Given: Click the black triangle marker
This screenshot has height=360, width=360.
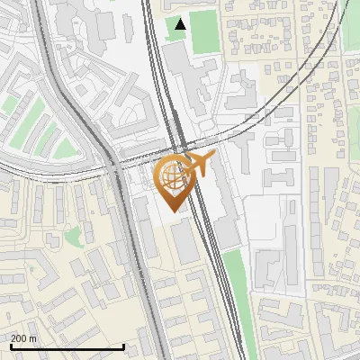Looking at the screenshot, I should pyautogui.click(x=181, y=24).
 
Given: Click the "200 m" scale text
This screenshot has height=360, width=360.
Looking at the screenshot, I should pyautogui.click(x=23, y=338).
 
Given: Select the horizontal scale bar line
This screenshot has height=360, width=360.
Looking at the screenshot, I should pyautogui.click(x=67, y=346).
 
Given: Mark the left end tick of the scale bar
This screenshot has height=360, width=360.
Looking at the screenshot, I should pyautogui.click(x=10, y=345).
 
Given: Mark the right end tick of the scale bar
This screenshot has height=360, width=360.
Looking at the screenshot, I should pyautogui.click(x=123, y=345).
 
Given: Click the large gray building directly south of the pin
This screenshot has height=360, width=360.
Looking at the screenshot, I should pyautogui.click(x=185, y=241).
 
